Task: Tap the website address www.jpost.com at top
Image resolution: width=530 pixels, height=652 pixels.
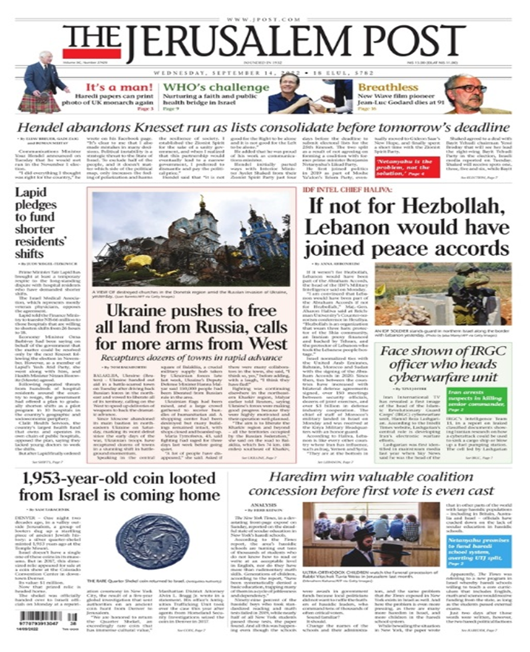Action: [265, 19]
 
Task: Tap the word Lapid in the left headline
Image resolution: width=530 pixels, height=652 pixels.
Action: [31, 193]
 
